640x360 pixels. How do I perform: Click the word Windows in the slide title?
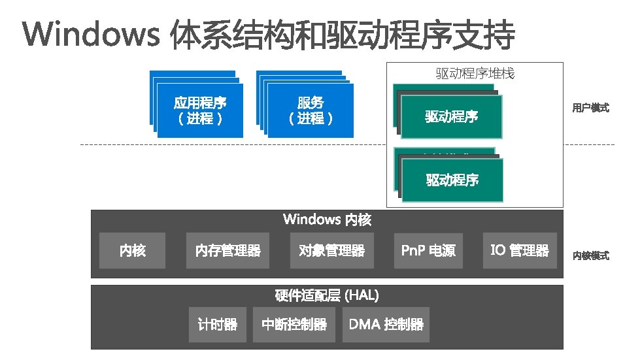point(91,35)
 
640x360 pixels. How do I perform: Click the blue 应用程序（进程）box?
point(200,110)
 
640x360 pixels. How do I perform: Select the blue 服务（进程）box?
point(311,110)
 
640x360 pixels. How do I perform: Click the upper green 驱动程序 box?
point(451,117)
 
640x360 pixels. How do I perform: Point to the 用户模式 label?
point(590,108)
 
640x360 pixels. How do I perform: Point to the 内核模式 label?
point(590,255)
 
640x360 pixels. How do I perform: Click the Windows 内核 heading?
point(327,220)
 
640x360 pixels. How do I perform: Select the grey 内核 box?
point(132,250)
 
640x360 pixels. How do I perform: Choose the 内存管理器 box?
point(227,250)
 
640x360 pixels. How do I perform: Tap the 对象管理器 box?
point(331,250)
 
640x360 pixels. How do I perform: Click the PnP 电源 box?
point(428,250)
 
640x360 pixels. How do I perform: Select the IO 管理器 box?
point(520,250)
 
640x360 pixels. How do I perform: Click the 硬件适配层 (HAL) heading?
point(327,295)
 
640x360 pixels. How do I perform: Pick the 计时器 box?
point(217,324)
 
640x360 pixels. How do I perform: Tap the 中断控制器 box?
point(294,324)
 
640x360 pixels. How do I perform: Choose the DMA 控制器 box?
point(386,324)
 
